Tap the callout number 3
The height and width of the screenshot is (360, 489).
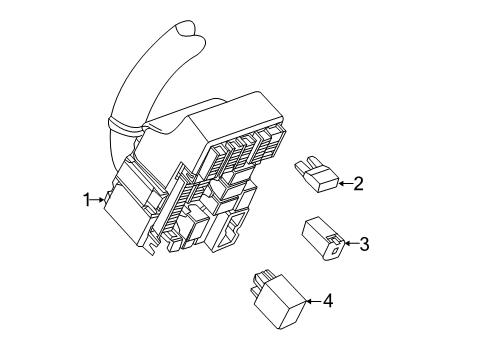click(x=365, y=242)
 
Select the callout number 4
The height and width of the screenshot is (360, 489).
click(x=328, y=301)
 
